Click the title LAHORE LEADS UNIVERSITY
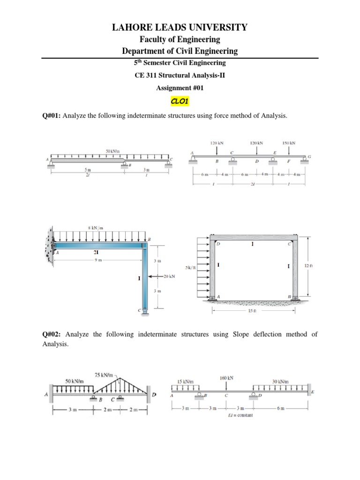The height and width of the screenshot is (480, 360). point(180,28)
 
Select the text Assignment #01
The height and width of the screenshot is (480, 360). point(180,88)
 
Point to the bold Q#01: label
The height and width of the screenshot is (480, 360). point(52,116)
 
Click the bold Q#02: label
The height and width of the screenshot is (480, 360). point(52,334)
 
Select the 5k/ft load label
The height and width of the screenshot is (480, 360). point(190,268)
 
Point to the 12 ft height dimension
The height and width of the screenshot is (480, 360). point(308,266)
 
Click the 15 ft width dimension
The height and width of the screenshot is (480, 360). point(253,311)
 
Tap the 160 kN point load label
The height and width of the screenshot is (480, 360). point(227,377)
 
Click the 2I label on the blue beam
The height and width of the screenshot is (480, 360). point(95,252)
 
